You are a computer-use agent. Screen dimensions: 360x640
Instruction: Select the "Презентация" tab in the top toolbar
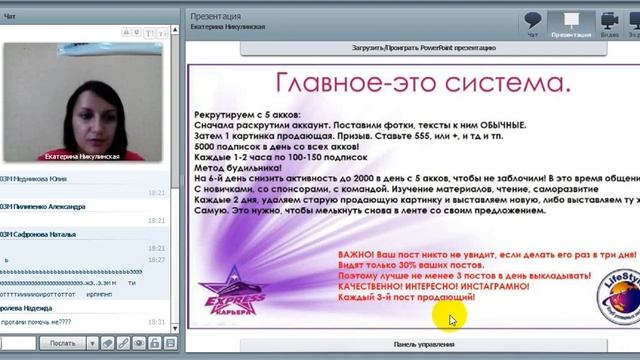click(x=571, y=23)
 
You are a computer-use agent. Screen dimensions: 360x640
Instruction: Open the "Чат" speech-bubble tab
click(x=533, y=23)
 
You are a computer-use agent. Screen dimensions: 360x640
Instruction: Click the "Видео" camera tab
click(x=609, y=23)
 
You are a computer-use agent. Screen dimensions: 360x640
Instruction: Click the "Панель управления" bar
click(x=412, y=345)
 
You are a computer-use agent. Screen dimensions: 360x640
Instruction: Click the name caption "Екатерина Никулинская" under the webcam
click(x=83, y=157)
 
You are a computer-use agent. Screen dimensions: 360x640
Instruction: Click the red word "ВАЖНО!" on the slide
click(x=361, y=255)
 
